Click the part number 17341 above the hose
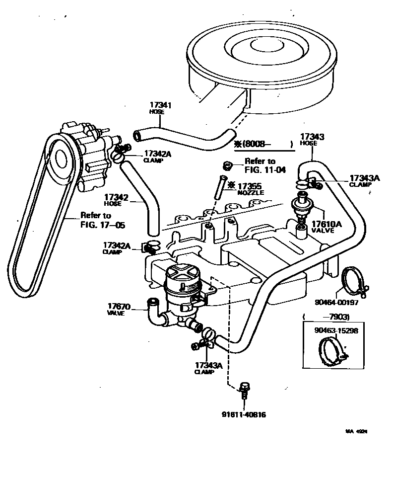[x=160, y=105]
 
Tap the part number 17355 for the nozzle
[x=250, y=185]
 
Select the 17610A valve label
[x=326, y=224]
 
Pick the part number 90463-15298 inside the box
[x=336, y=329]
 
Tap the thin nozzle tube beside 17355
[x=220, y=189]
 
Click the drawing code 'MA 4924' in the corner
[x=356, y=432]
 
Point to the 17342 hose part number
[x=117, y=197]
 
